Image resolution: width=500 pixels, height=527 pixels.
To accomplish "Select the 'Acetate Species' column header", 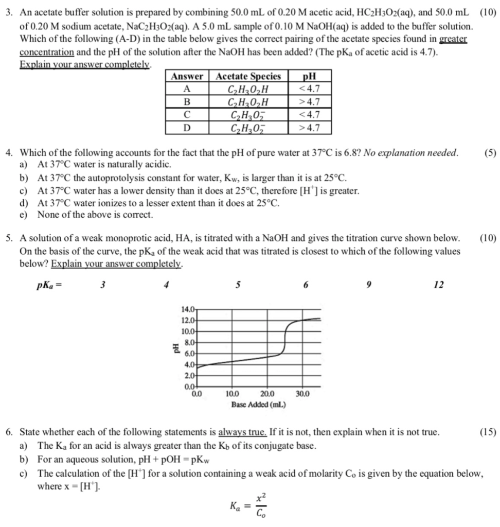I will pos(249,76).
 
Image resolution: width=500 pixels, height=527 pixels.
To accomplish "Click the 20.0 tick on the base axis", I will pos(267,395).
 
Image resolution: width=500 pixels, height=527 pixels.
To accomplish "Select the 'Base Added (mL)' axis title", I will pos(258,405).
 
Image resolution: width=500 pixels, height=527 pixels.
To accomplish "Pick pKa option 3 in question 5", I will pos(102,285).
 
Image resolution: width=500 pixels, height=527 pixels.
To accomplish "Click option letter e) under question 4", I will pos(23,215).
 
